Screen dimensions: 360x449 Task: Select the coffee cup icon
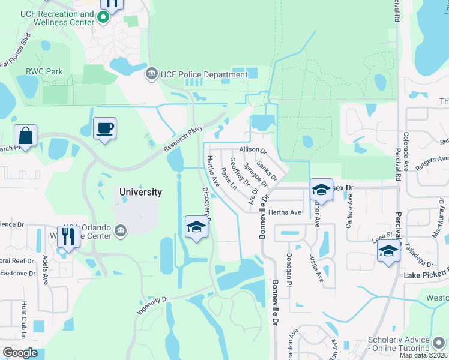105,128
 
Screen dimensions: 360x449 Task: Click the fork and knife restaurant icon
68,237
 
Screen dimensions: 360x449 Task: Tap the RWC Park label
44,71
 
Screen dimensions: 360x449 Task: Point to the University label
140,192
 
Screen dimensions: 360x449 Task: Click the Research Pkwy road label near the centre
182,140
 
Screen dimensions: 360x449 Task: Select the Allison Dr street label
252,149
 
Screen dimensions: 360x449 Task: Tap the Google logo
20,353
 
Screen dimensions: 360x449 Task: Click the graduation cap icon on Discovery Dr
196,227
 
